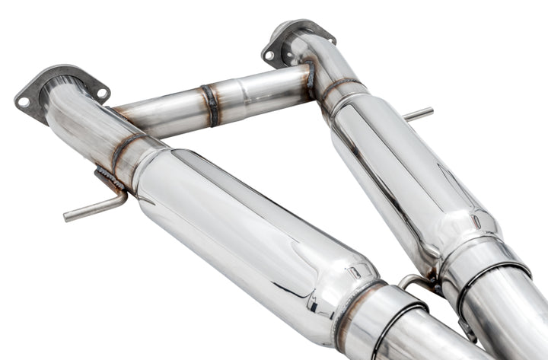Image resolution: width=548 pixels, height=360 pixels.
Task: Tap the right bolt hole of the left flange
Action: [101, 93]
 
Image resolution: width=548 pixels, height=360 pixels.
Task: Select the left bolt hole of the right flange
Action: [270, 55]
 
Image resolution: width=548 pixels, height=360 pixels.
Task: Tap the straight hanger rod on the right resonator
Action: [418, 115]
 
